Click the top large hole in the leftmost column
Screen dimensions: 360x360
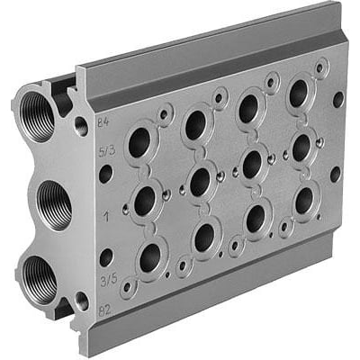[139, 140]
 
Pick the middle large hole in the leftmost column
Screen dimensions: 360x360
[144, 200]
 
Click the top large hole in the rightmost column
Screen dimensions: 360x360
[297, 93]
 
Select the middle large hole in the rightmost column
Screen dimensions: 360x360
[301, 146]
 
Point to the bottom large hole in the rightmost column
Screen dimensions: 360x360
[304, 199]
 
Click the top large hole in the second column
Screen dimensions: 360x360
[194, 125]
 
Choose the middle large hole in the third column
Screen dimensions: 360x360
[252, 163]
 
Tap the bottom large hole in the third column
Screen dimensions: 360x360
[256, 217]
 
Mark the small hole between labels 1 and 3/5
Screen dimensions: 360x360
[107, 256]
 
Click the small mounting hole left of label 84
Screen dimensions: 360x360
[81, 127]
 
